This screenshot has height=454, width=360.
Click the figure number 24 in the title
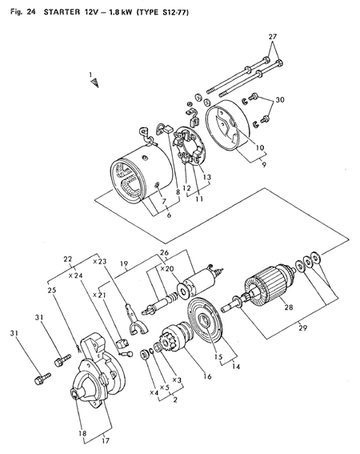30,12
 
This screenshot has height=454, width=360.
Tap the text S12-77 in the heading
174,12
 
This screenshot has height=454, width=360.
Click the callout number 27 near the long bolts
272,37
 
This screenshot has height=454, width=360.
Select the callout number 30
280,100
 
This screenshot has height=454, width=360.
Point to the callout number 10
260,147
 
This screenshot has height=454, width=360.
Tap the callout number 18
82,433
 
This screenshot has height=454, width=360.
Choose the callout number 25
52,290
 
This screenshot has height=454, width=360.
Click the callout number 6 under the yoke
169,215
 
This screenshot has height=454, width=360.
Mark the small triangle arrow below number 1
94,83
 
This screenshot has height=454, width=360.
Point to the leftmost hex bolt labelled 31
42,379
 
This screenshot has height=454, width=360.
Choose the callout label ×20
167,269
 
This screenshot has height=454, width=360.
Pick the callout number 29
303,327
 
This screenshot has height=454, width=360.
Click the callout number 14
236,366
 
